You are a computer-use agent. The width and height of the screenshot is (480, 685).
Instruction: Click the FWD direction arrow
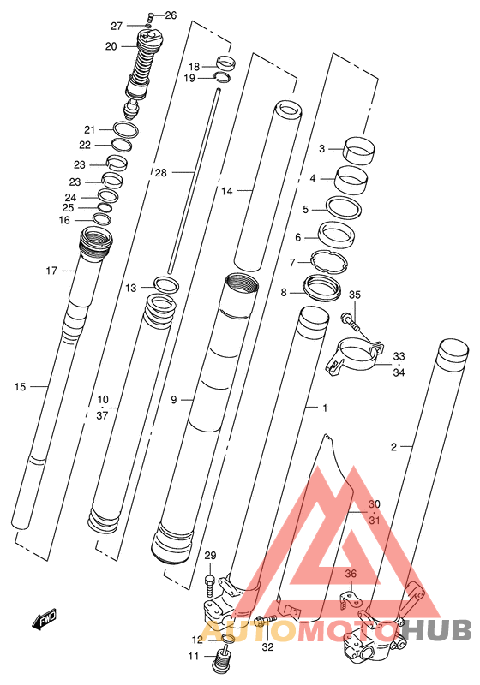pos(45,620)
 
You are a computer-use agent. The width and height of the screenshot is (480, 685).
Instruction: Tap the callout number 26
pos(171,15)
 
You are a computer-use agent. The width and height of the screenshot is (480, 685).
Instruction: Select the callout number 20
pos(111,46)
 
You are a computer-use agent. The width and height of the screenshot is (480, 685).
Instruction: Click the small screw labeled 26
pos(151,17)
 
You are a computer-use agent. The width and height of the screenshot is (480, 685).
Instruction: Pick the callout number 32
pos(267,646)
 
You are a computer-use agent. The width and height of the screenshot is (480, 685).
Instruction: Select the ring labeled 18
pos(226,63)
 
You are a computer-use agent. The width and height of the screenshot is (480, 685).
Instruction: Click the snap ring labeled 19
pos(224,77)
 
